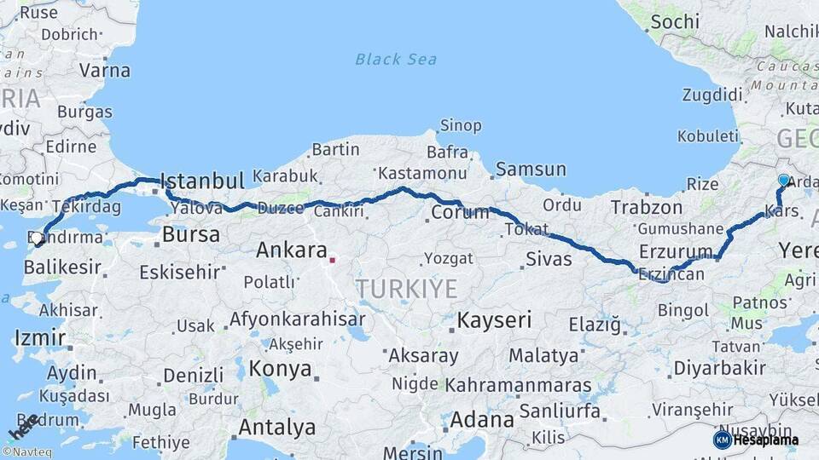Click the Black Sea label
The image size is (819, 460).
[396, 59]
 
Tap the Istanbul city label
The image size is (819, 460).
[202, 181]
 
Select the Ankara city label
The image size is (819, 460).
[292, 250]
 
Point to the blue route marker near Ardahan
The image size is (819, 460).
[784, 180]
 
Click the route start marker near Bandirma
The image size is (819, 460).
[38, 239]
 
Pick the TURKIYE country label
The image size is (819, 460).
[407, 289]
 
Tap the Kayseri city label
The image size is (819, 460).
[494, 320]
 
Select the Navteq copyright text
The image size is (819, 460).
[26, 452]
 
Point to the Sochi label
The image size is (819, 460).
[675, 22]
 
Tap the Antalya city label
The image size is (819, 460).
[276, 427]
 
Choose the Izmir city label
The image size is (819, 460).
[39, 338]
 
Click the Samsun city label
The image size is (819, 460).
[531, 170]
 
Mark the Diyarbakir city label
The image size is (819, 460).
[719, 368]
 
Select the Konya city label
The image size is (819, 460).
[280, 370]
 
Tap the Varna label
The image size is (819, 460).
[104, 70]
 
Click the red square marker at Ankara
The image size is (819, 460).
[333, 260]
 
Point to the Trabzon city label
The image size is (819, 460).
[647, 207]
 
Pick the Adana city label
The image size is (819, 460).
[482, 420]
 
